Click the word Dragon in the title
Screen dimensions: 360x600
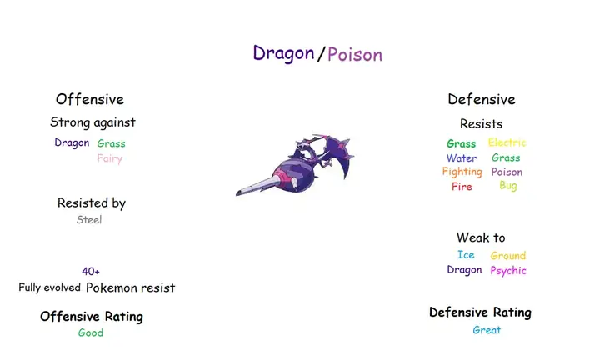coord(283,53)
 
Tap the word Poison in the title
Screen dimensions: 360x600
coord(355,55)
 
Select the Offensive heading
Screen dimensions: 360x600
coord(89,100)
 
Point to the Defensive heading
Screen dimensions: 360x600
coord(482,100)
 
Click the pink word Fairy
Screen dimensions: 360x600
coord(109,158)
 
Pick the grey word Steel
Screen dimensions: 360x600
coord(89,220)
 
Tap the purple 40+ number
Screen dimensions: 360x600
coord(91,272)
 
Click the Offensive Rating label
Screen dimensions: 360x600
coord(92,317)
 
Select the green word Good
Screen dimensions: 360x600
coord(91,333)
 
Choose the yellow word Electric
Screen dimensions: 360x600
coord(507,142)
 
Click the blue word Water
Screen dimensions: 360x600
coord(462,158)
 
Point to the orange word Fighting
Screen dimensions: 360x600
coord(462,172)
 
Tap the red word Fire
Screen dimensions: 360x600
coord(462,187)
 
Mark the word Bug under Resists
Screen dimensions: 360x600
coord(507,186)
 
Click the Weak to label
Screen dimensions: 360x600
coord(481,238)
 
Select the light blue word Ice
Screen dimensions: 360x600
coord(466,255)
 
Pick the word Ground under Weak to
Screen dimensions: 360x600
coord(507,256)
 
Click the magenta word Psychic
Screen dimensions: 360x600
coord(507,271)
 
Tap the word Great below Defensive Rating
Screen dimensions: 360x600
coord(487,330)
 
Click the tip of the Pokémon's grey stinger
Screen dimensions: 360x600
coord(237,194)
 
